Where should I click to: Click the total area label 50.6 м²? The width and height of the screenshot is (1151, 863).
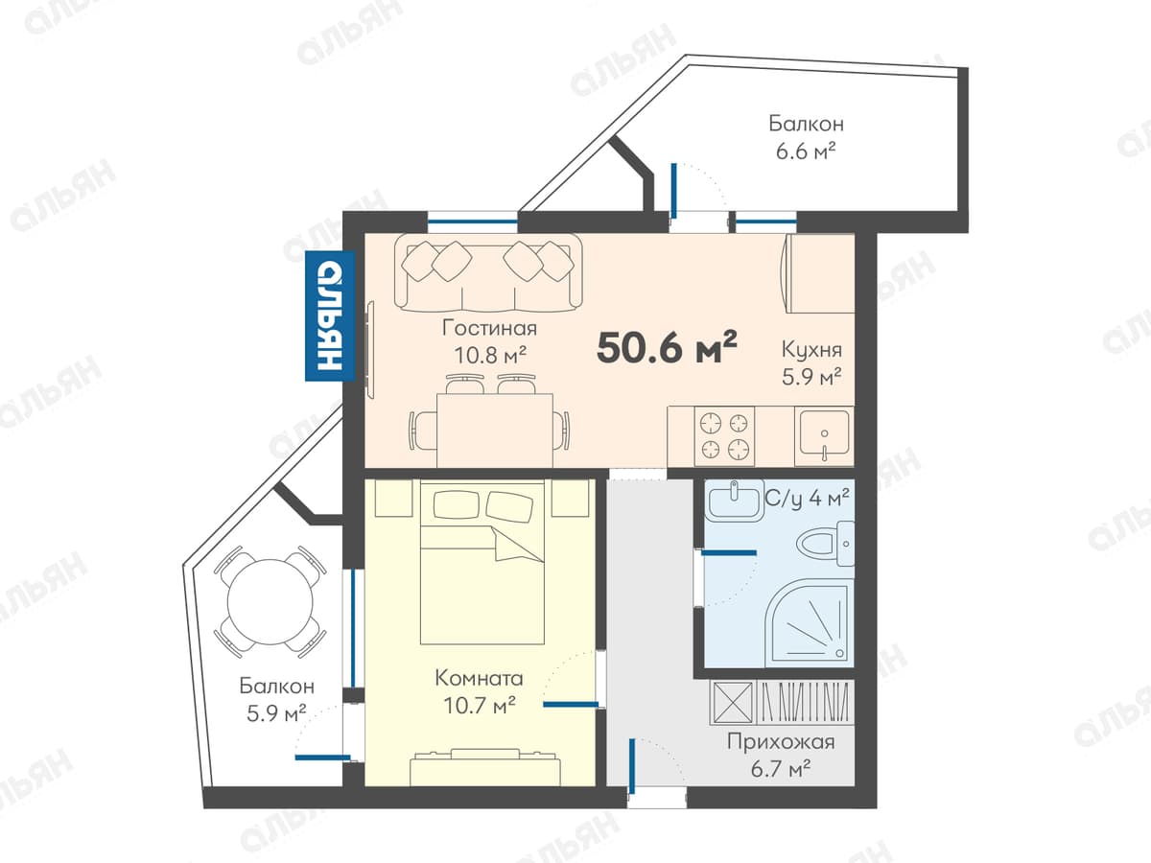click(667, 347)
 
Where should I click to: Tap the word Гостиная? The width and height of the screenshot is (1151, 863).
click(490, 329)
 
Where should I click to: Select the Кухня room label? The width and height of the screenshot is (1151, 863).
click(811, 349)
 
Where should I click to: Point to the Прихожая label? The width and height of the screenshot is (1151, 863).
click(780, 742)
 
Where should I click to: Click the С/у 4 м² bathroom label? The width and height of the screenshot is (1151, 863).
click(807, 498)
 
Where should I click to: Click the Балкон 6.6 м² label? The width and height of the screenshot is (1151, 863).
click(807, 137)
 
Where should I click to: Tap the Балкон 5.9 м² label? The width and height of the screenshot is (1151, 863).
click(277, 700)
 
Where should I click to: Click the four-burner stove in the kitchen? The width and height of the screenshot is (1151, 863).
click(724, 436)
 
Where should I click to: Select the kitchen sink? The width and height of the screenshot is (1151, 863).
click(823, 435)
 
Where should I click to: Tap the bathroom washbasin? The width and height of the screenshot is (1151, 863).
click(734, 501)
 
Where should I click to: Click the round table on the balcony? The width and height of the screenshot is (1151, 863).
click(270, 602)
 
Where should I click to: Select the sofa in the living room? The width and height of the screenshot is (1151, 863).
click(488, 273)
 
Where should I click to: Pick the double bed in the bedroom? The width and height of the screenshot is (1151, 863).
click(482, 561)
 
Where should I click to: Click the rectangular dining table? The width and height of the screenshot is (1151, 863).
click(495, 430)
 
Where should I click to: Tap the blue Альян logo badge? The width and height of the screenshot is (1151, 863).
click(330, 315)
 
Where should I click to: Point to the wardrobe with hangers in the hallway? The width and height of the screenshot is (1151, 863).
click(782, 703)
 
